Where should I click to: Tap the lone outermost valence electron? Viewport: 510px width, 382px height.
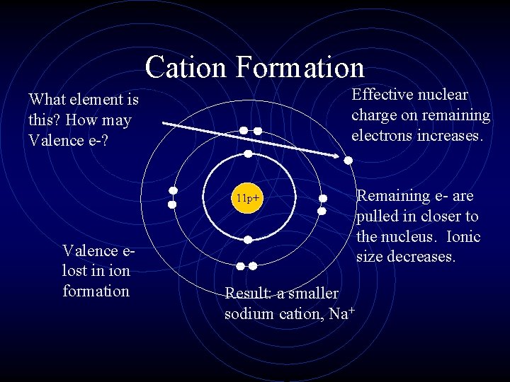(x=348, y=161)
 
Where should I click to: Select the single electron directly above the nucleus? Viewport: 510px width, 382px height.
(x=248, y=154)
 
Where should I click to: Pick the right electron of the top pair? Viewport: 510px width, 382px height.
(x=258, y=131)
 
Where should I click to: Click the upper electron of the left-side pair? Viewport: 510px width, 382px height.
(x=172, y=191)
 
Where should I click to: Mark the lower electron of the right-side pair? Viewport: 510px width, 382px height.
(x=322, y=211)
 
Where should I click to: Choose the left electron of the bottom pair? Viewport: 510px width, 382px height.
(x=241, y=266)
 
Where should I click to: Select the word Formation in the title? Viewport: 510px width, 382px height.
(x=300, y=67)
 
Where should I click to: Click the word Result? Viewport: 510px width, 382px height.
(x=245, y=293)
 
